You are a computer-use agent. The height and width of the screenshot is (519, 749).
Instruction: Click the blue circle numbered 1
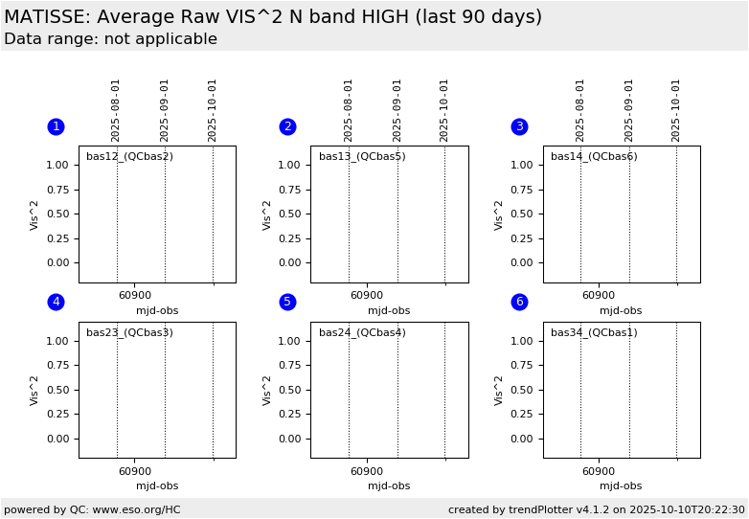[56, 126]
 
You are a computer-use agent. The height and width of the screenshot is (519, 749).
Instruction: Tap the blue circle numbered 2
[287, 126]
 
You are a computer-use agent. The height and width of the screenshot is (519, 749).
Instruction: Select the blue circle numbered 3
[519, 126]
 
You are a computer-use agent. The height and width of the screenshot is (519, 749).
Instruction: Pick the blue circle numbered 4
[56, 302]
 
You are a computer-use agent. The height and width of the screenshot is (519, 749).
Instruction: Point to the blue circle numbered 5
[287, 302]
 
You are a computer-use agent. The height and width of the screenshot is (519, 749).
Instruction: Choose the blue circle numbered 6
[519, 302]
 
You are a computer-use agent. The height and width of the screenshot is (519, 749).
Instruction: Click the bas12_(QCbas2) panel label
[129, 156]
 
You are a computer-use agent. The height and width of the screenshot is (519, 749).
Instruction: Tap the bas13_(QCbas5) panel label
[362, 156]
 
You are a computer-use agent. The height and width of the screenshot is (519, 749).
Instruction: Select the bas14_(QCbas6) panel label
[594, 156]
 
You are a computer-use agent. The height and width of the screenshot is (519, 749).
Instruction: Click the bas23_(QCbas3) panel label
[129, 332]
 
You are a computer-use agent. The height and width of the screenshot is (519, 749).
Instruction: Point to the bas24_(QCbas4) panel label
[362, 332]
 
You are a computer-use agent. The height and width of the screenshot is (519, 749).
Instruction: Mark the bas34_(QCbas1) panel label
[594, 332]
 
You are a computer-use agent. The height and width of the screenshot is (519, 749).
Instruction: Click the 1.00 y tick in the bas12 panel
[57, 165]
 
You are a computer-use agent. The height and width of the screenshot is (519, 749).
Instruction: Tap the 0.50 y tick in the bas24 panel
[290, 390]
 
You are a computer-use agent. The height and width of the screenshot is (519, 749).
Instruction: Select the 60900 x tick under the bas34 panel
[599, 471]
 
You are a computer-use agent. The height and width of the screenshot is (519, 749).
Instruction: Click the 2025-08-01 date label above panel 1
[116, 110]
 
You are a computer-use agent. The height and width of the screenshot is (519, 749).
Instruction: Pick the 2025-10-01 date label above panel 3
[676, 110]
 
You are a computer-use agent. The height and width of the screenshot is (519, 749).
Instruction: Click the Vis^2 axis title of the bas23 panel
[34, 390]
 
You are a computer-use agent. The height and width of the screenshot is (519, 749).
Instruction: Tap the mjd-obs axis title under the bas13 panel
[389, 310]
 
